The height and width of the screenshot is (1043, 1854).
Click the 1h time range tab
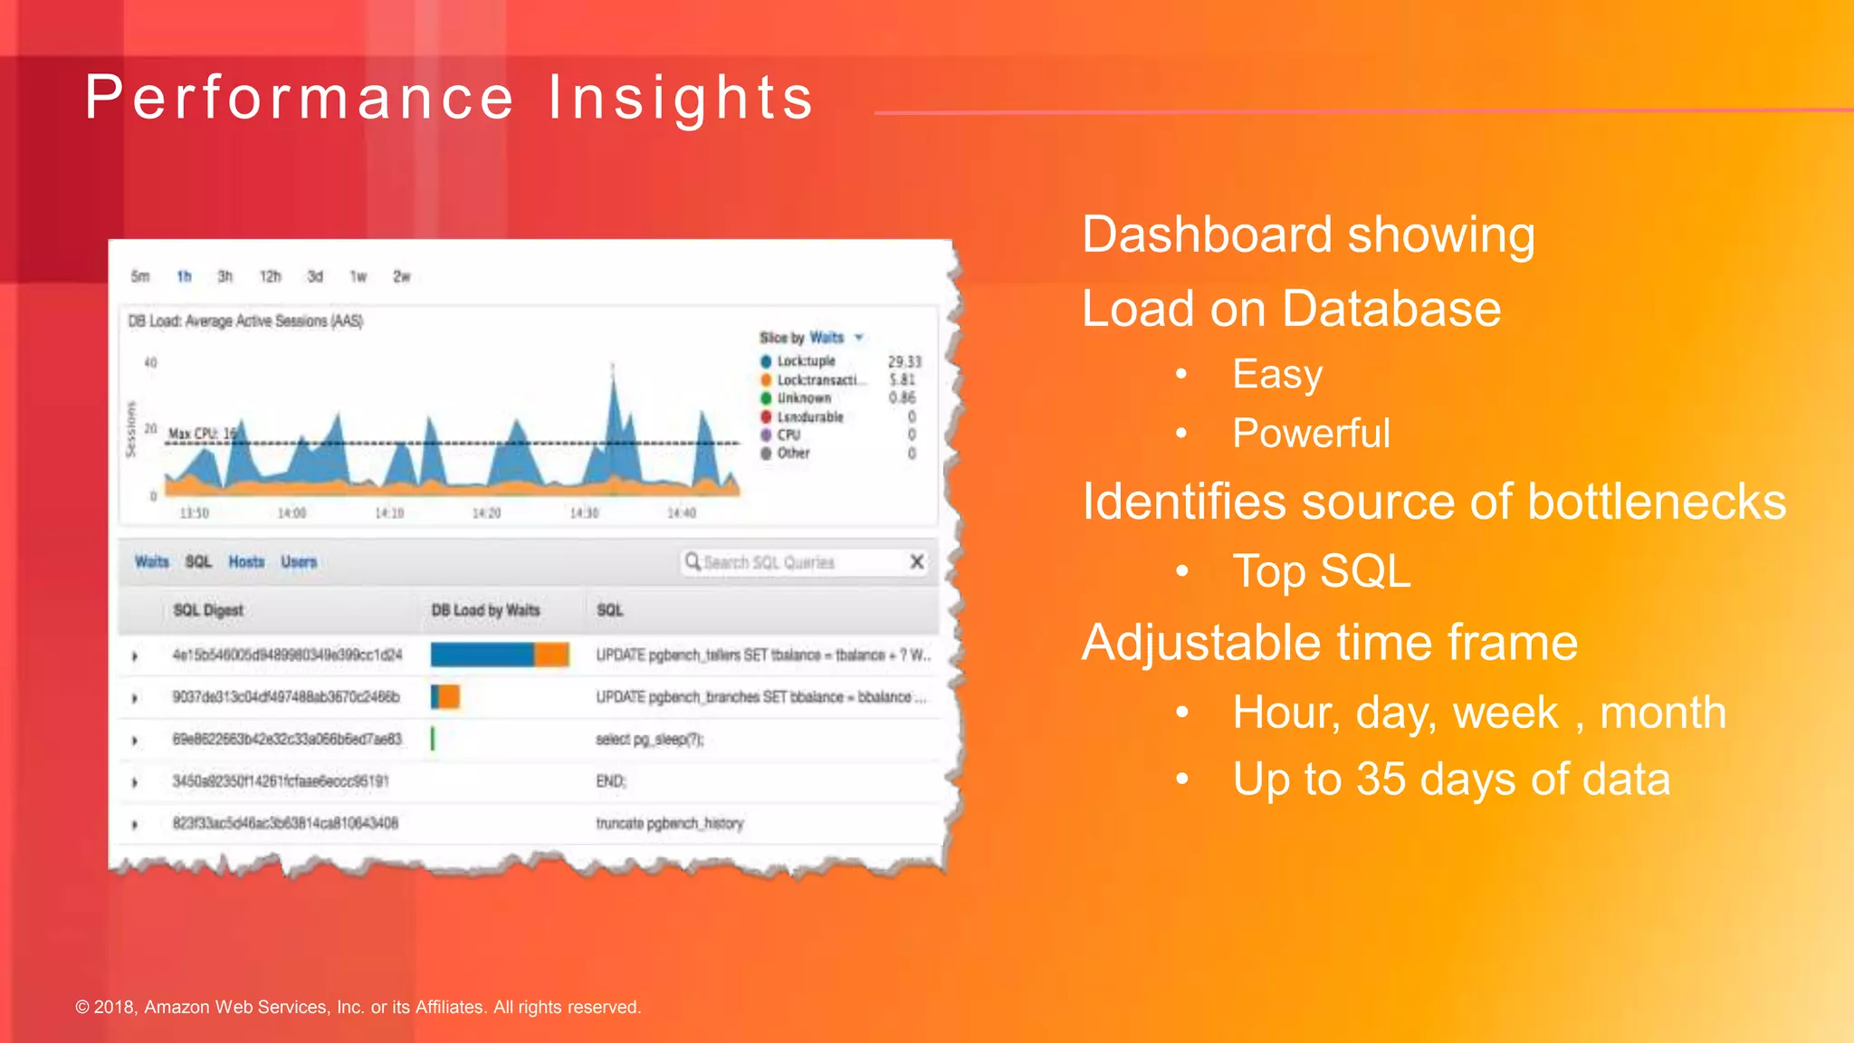184,276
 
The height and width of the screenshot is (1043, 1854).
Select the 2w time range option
402,276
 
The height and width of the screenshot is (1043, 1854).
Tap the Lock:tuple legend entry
806,361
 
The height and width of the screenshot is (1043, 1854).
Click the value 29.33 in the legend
904,361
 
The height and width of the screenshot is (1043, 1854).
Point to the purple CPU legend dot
766,435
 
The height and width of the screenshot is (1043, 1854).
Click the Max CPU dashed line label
202,434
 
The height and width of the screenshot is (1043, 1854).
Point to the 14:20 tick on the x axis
486,513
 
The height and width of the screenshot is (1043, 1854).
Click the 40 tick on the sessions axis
150,362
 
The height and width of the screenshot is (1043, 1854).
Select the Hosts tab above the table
246,562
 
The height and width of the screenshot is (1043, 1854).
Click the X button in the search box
916,562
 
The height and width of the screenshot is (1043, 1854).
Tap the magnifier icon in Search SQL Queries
693,562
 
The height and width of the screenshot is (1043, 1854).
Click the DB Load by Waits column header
485,610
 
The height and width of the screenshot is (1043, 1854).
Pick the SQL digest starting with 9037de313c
286,697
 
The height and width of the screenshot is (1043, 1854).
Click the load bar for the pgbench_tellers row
500,655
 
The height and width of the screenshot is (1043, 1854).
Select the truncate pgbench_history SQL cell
669,824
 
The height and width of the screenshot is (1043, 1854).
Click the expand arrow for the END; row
135,782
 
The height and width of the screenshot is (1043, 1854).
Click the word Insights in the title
681,98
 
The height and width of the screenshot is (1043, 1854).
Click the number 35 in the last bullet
1381,780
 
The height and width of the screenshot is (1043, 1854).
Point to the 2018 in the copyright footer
114,1007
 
